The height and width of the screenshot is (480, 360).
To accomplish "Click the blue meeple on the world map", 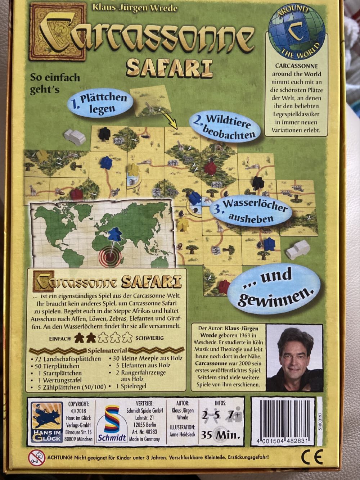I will tap(115, 233).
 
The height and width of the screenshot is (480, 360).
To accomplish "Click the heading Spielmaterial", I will tap(107, 350).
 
